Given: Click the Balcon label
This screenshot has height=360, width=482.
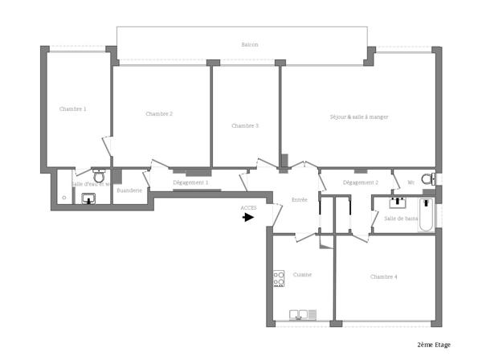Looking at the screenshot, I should click(250, 45).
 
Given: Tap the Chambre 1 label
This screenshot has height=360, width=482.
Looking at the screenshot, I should click(72, 108).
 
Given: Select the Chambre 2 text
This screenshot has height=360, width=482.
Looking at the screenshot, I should click(159, 114).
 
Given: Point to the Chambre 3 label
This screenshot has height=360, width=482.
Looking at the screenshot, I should click(245, 125).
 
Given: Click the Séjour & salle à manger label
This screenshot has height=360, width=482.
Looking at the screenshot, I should click(359, 117).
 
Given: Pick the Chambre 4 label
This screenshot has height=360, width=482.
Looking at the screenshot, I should click(383, 276).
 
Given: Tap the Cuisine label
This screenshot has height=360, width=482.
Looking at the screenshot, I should click(302, 275).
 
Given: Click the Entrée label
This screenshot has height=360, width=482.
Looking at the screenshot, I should click(300, 199).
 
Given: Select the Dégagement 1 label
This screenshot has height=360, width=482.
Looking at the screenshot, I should click(190, 182).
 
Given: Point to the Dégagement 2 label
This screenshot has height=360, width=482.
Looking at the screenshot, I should click(360, 182).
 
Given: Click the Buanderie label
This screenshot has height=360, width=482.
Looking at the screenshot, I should click(129, 190).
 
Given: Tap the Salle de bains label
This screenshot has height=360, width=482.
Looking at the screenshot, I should click(401, 219).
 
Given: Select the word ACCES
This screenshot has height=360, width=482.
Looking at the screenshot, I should click(248, 207).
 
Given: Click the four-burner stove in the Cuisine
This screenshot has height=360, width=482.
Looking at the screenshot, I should click(279, 278).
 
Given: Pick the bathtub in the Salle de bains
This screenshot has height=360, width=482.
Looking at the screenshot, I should click(425, 215).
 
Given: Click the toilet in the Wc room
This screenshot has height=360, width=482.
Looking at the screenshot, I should click(427, 179).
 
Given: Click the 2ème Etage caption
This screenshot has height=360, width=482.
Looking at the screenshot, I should click(433, 344).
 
